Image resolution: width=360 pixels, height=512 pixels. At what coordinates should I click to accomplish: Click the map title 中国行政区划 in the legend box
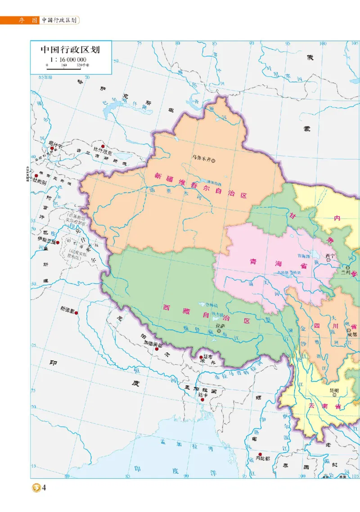pos(70,49)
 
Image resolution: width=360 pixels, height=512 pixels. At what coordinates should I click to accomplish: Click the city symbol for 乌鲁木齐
pos(214,158)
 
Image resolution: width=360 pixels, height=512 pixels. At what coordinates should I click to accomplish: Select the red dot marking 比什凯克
pos(103,147)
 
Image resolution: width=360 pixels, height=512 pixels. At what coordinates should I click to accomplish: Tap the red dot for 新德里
pos(77,313)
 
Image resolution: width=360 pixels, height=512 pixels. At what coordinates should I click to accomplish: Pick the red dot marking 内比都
pos(260,454)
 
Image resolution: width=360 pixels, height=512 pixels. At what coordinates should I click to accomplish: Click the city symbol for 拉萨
pos(219,331)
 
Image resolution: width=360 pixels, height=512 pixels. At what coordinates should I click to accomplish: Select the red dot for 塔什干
pos(52,148)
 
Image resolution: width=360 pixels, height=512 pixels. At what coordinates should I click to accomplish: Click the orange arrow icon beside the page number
pos(36,488)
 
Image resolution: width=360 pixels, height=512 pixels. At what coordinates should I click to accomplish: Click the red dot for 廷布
pos(201,358)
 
